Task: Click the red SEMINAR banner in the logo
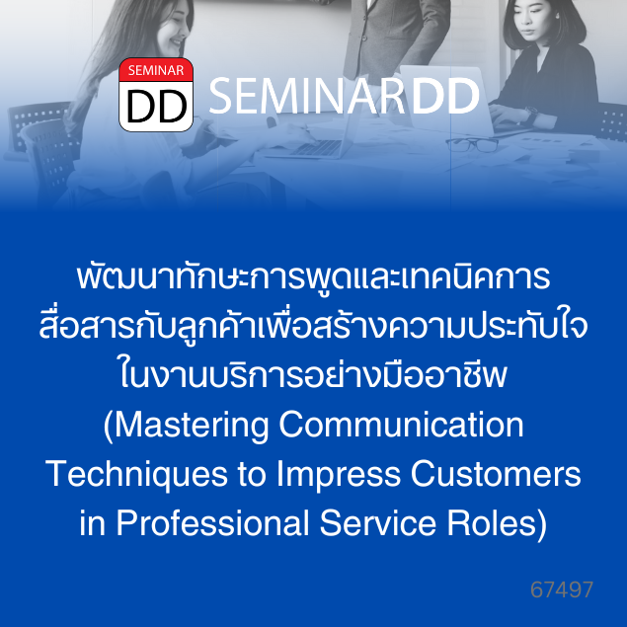click(156, 70)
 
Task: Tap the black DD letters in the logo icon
click(157, 107)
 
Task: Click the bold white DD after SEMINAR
click(445, 96)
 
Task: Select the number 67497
click(562, 589)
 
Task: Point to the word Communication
click(401, 425)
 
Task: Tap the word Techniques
click(136, 475)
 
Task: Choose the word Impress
click(339, 475)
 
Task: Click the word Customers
click(496, 474)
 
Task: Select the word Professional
click(212, 522)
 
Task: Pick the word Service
click(377, 522)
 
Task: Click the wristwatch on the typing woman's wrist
click(531, 115)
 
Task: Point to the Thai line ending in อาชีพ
click(314, 375)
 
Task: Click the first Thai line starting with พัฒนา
click(314, 277)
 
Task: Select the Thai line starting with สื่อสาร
click(314, 326)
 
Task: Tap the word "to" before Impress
click(252, 475)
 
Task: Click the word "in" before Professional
click(93, 522)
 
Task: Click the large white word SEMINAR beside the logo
click(306, 96)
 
